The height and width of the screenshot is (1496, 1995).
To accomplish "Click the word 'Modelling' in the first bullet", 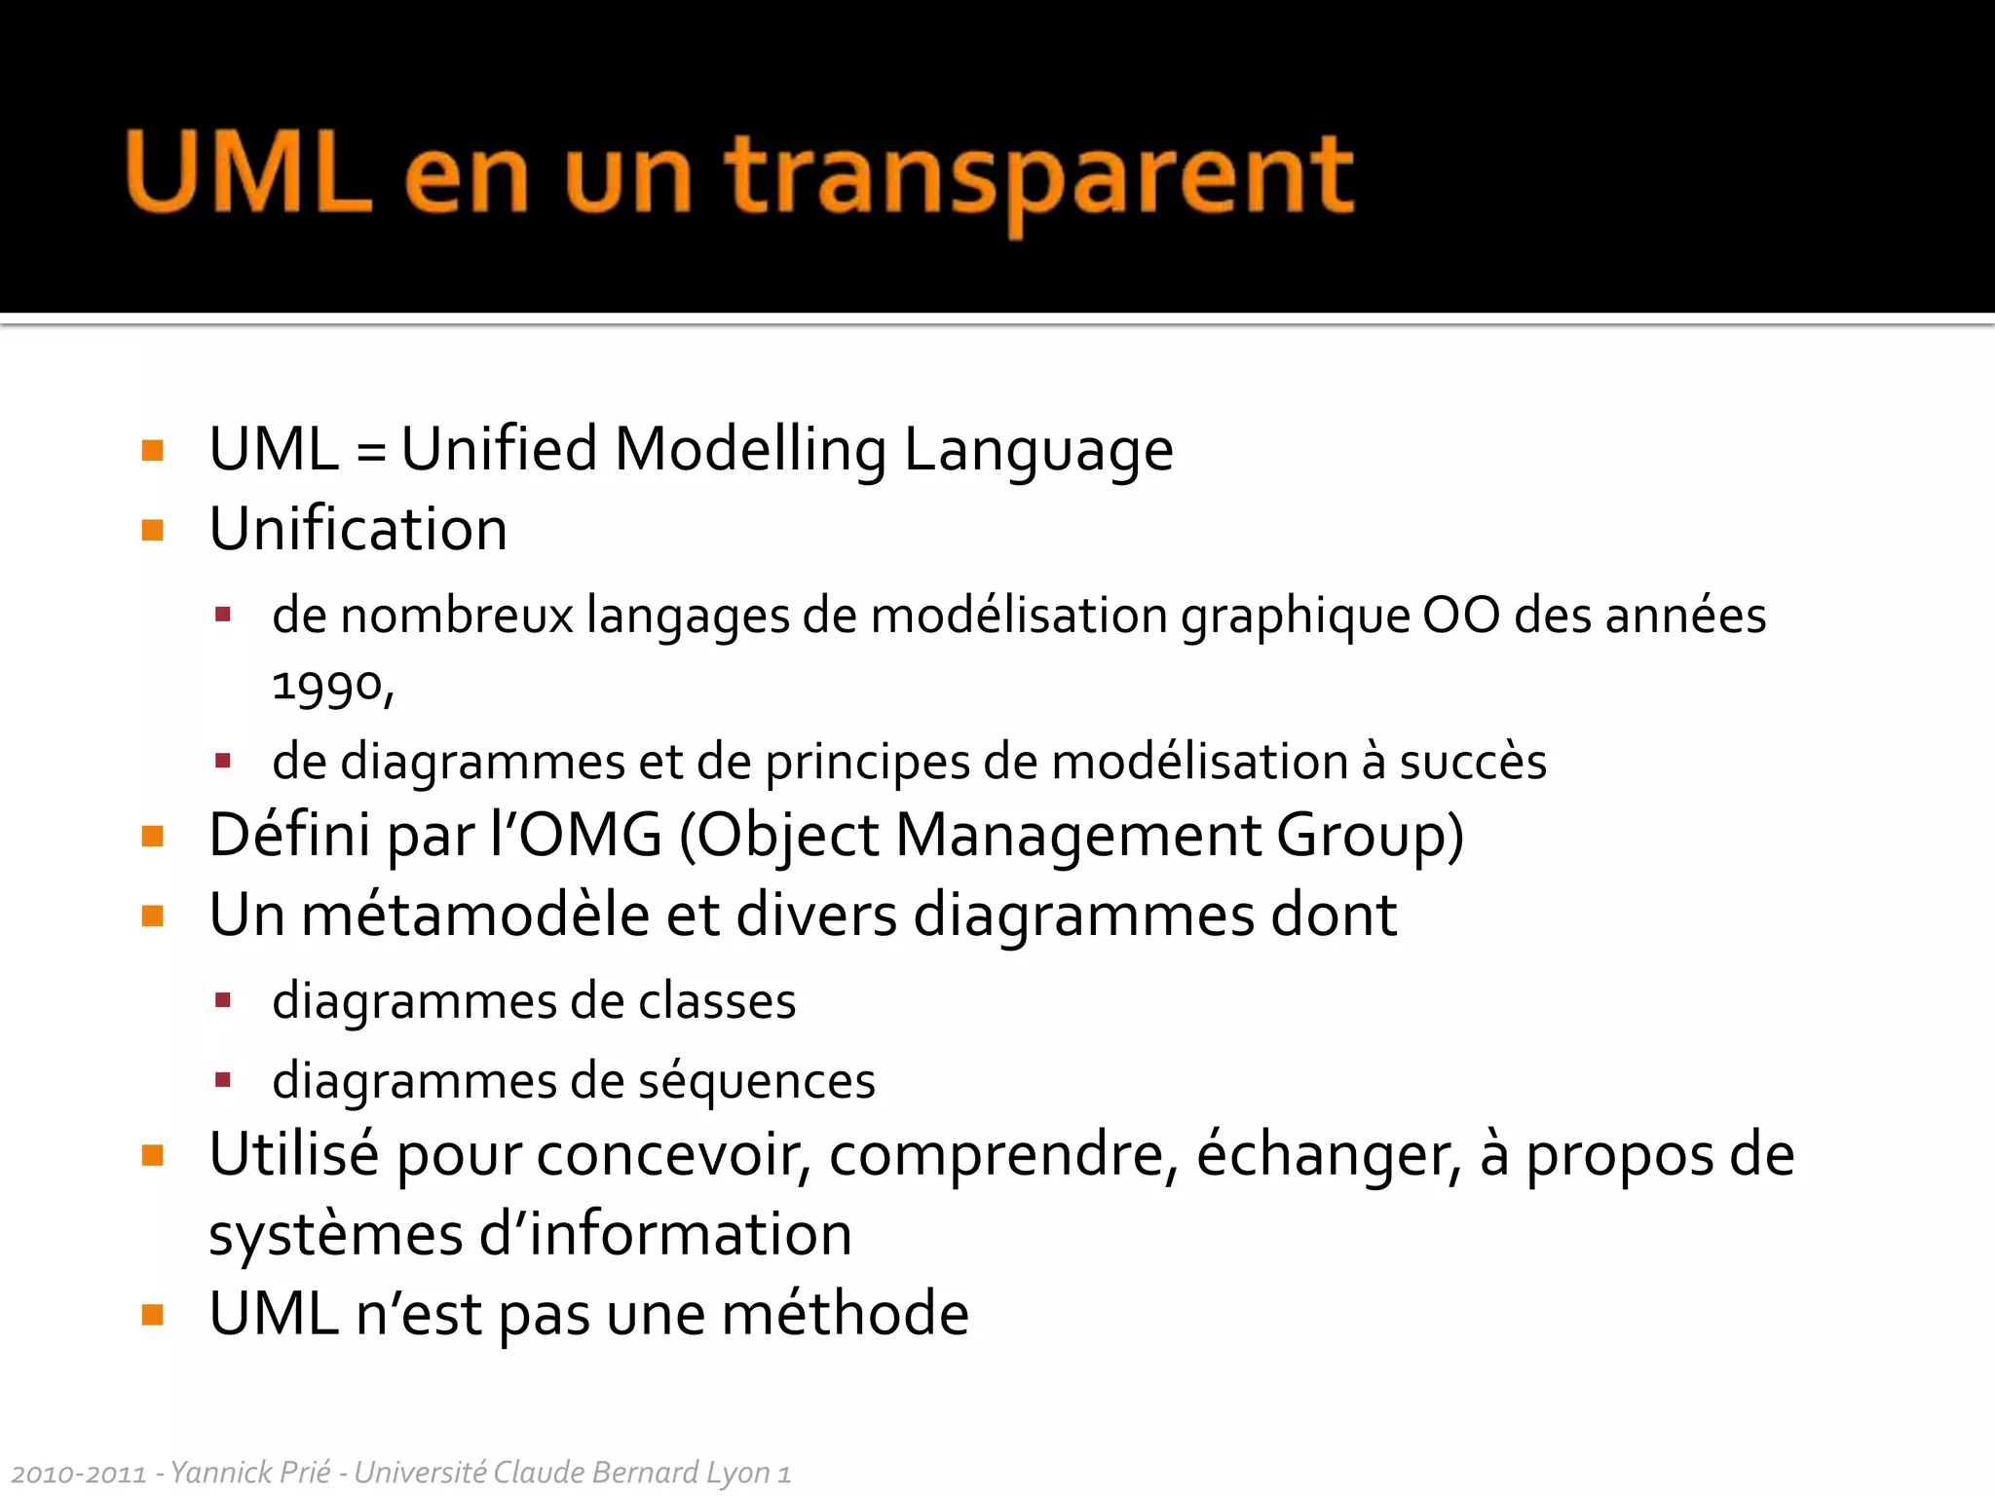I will point(750,450).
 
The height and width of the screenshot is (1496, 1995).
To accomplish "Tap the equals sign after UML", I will point(370,453).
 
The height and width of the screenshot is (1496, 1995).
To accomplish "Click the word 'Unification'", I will point(358,530).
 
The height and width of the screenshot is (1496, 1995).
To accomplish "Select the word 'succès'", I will point(1473,762).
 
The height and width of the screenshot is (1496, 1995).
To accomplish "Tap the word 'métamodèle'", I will point(475,916).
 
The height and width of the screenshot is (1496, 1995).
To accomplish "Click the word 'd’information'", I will point(665,1235).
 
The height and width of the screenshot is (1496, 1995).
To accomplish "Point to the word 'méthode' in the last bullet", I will point(845,1315).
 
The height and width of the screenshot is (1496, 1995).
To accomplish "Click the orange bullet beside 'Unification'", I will point(153,531).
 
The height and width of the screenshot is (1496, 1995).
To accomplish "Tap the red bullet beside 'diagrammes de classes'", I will point(223,1000).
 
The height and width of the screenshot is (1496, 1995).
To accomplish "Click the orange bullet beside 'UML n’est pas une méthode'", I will point(153,1316).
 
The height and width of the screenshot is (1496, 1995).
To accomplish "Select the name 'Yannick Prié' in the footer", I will point(250,1473).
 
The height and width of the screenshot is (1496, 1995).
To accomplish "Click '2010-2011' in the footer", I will point(79,1474).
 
